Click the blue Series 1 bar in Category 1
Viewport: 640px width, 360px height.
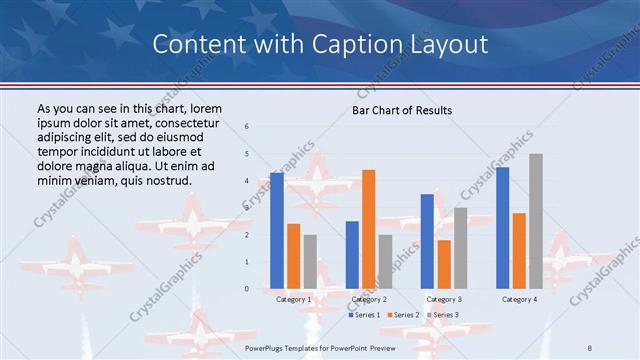click(277, 230)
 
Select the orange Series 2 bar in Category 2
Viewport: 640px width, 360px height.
click(368, 229)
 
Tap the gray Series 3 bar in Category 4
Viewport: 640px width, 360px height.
click(536, 221)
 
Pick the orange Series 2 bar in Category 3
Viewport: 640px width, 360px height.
click(444, 264)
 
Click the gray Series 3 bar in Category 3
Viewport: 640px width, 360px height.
click(460, 248)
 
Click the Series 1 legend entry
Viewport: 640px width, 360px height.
click(363, 315)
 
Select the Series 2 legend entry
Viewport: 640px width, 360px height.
click(403, 315)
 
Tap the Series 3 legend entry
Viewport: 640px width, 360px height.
click(443, 315)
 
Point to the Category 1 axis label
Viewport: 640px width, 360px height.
click(293, 299)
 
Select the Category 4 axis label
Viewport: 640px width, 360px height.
click(519, 299)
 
